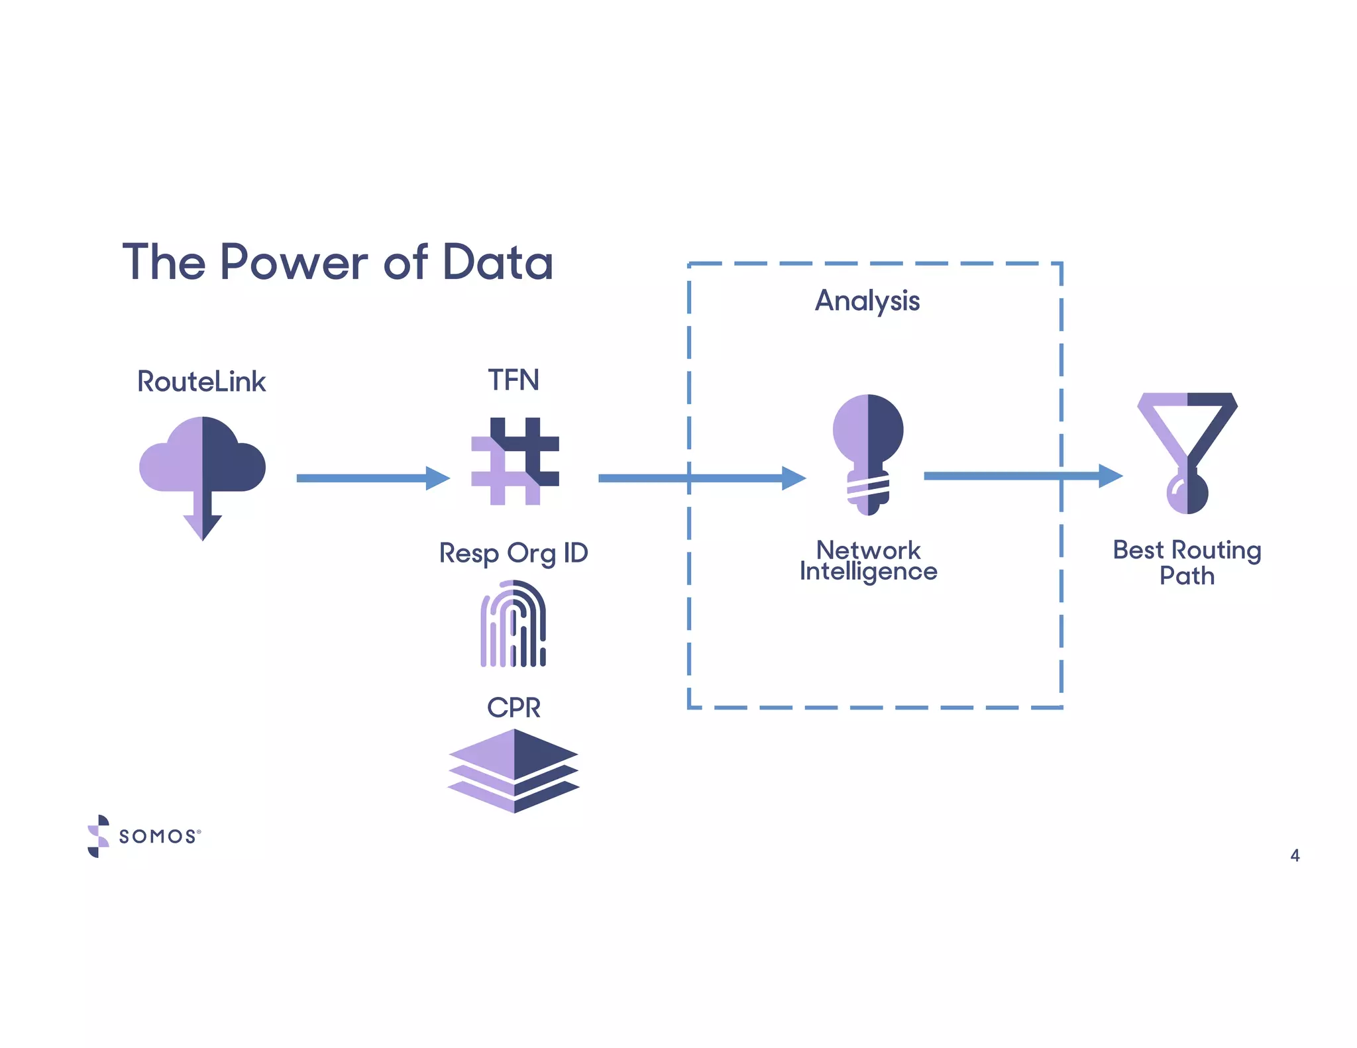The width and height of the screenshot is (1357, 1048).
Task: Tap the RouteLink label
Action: [x=201, y=382]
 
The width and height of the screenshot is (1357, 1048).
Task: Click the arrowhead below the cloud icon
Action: [x=202, y=527]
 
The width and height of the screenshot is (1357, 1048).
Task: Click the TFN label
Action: [x=514, y=380]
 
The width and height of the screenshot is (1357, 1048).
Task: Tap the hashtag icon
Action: [x=515, y=461]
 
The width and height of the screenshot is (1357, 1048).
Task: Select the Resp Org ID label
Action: [x=514, y=553]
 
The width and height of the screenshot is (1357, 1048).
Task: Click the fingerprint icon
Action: [x=514, y=623]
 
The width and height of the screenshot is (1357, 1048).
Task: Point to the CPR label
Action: [x=514, y=707]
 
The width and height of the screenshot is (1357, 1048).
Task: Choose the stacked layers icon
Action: [x=514, y=770]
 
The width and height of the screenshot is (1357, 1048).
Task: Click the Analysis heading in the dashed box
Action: [x=867, y=301]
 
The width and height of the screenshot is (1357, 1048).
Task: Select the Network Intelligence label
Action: [x=868, y=560]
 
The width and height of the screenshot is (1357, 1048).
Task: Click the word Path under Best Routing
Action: [x=1187, y=576]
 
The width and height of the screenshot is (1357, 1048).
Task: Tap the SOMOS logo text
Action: [x=158, y=836]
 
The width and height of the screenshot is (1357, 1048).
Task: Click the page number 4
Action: [x=1295, y=855]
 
